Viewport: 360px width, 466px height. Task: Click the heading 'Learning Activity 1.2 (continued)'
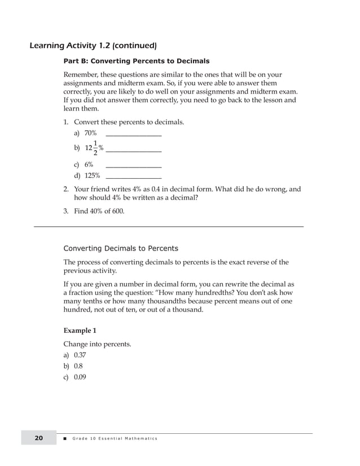coord(93,45)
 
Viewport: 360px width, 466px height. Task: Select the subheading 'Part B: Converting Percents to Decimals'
coord(136,61)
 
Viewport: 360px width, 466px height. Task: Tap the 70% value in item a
coord(90,133)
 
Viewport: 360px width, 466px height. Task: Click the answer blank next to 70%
coord(134,134)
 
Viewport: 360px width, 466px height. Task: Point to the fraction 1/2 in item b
coord(95,148)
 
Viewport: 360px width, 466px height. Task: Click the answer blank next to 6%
coord(134,166)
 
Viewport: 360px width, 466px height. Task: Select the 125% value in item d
coord(93,175)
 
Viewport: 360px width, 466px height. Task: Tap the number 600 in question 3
coord(117,212)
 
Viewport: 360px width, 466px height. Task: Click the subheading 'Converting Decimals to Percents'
coord(121,248)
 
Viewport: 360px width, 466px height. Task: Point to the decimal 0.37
coord(80,355)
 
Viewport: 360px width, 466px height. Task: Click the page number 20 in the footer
coord(39,438)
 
